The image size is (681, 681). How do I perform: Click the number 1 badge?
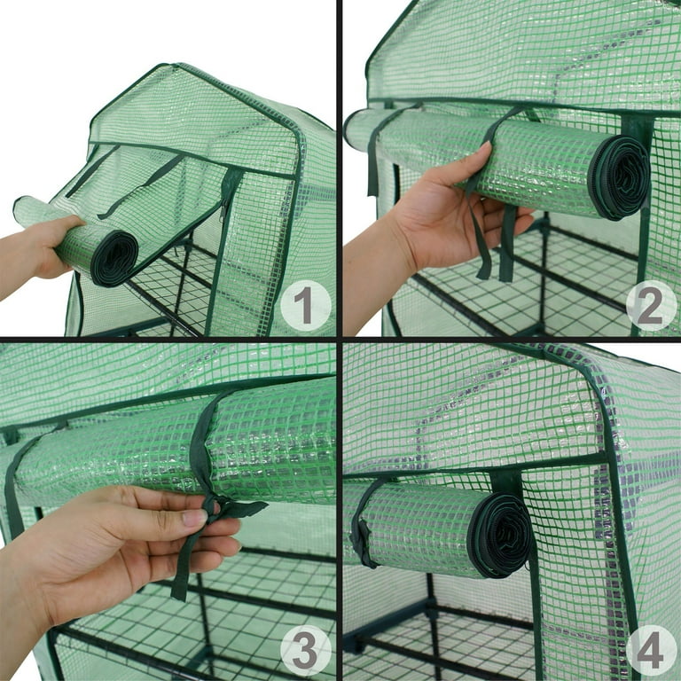[305, 306]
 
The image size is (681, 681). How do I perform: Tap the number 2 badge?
[650, 306]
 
